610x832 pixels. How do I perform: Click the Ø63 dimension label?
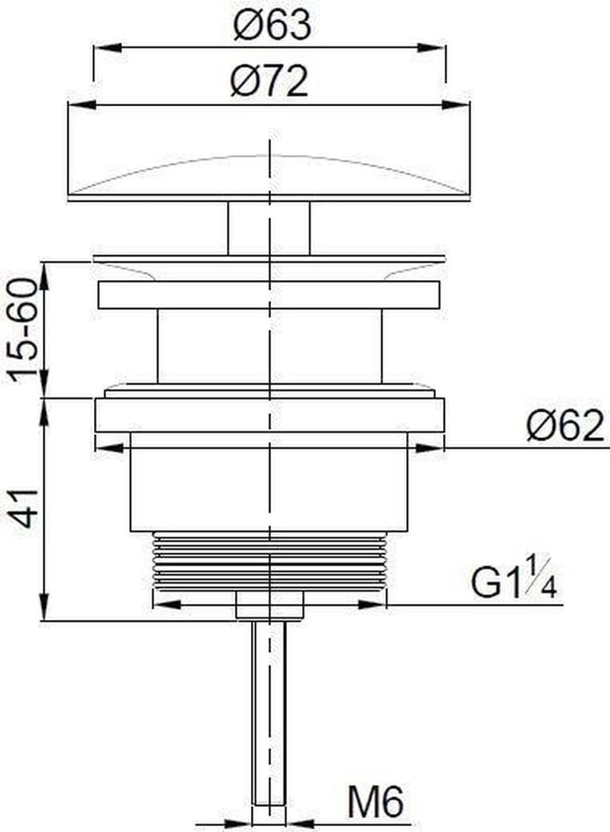pyautogui.click(x=272, y=25)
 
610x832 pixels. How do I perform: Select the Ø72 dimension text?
pyautogui.click(x=269, y=81)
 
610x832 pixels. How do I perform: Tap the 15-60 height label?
pyautogui.click(x=24, y=330)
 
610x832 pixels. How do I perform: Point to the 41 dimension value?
pyautogui.click(x=24, y=508)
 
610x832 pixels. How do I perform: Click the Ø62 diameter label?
pyautogui.click(x=565, y=425)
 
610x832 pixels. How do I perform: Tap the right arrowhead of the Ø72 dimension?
pyautogui.click(x=456, y=104)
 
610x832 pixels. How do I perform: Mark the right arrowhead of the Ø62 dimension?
pyautogui.click(x=430, y=449)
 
